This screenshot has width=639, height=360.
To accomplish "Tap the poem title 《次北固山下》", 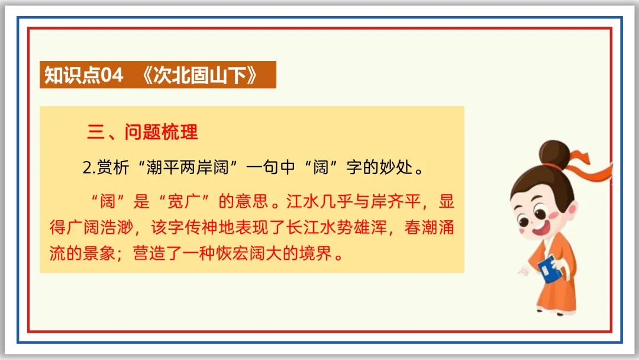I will point(201,76).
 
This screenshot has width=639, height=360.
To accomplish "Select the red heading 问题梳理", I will point(161,131).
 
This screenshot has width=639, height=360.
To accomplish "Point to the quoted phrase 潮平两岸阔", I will point(190,168).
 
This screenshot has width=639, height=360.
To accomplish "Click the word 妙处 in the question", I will point(393,168).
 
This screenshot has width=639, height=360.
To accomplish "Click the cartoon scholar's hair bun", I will point(557,152).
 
